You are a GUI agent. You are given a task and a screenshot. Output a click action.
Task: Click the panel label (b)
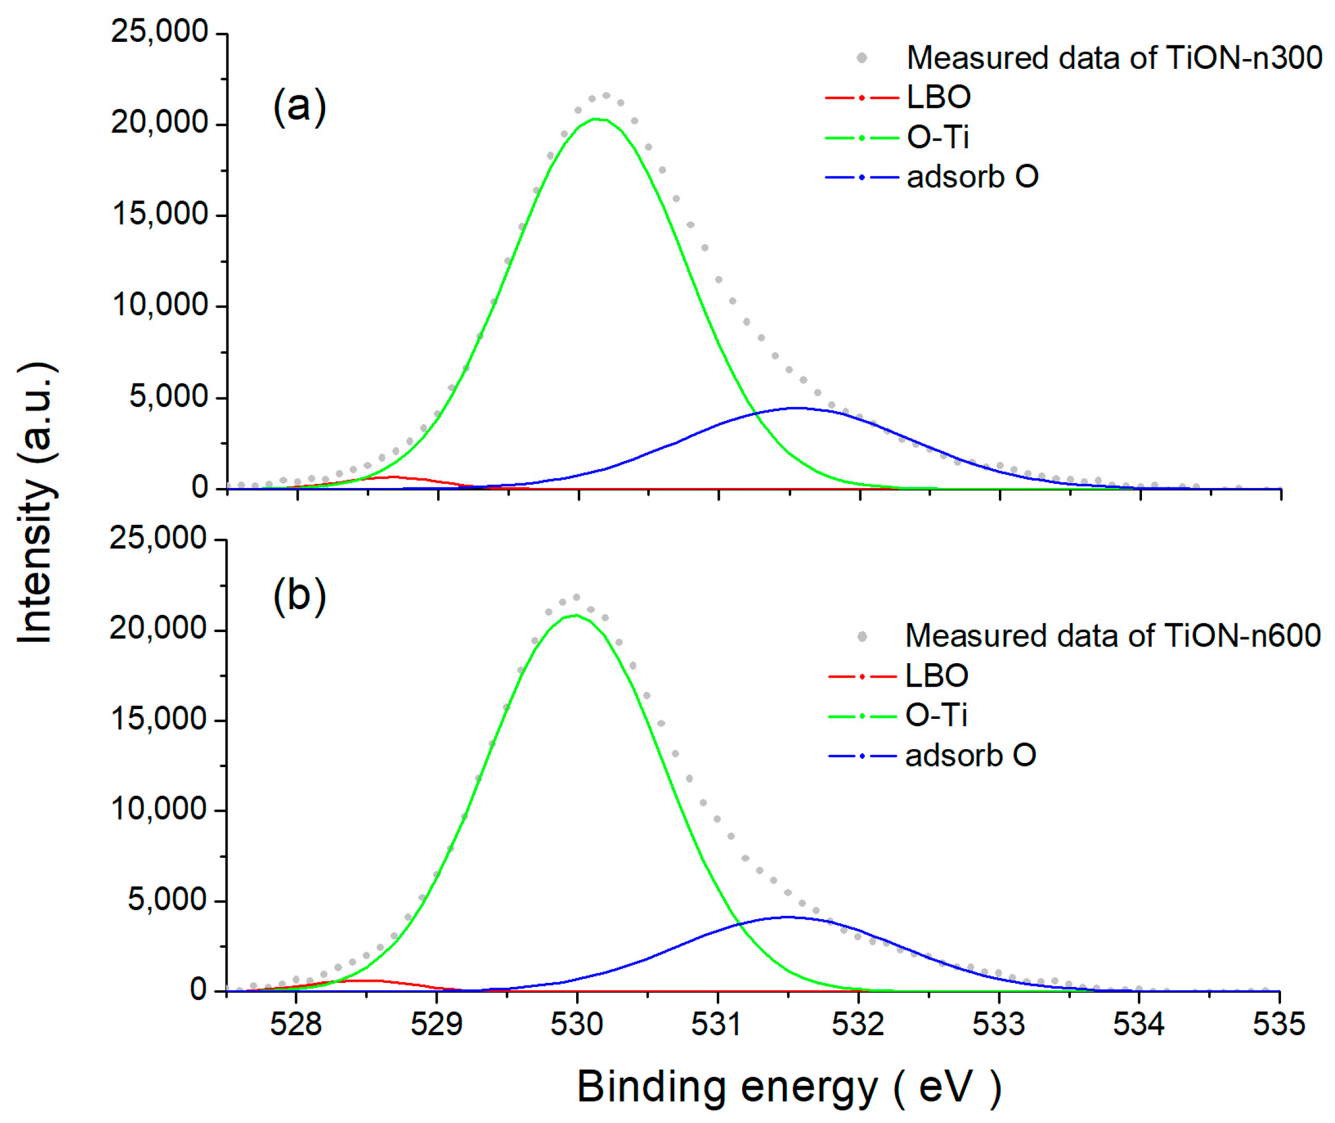[299, 597]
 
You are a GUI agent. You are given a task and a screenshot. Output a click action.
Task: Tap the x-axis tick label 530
[577, 1024]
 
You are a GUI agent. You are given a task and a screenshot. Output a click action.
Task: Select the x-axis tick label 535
[1278, 1024]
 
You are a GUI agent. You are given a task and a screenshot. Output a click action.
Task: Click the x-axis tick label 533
[998, 1024]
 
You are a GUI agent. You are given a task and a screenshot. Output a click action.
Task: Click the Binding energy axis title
[789, 1087]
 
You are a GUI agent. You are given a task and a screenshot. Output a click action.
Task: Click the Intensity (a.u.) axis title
[36, 503]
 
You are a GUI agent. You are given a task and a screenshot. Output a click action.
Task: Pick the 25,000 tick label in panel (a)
[159, 32]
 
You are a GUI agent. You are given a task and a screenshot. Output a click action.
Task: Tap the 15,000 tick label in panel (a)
[159, 215]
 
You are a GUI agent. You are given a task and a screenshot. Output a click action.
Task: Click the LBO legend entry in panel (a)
[938, 98]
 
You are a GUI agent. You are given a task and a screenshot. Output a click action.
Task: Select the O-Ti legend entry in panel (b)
[936, 715]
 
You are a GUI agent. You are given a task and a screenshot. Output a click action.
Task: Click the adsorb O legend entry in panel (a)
[972, 177]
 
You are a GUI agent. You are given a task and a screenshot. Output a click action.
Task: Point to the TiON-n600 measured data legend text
[1113, 636]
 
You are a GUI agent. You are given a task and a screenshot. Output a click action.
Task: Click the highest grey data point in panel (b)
[576, 597]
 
